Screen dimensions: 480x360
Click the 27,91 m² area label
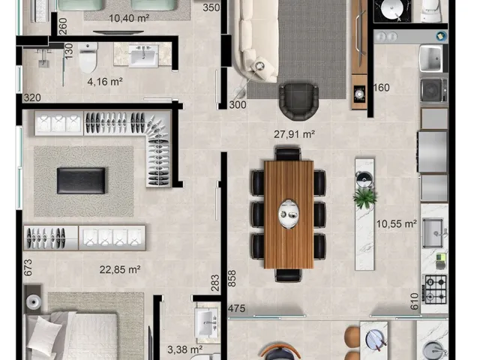(295, 134)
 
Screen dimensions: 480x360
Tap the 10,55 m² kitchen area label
(396, 223)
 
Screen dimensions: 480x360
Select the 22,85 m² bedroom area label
(120, 270)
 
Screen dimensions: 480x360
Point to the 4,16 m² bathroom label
(105, 82)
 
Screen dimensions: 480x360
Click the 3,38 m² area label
(185, 349)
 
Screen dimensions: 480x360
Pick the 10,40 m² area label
(129, 18)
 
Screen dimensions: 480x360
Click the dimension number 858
(232, 278)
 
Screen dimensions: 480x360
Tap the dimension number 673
(28, 268)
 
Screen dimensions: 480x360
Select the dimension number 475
(237, 308)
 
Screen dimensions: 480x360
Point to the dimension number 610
(415, 301)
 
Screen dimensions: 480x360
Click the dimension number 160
(382, 88)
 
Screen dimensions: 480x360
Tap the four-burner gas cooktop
(436, 289)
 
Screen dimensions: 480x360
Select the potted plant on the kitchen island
(364, 197)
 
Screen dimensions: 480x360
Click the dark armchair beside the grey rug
(298, 101)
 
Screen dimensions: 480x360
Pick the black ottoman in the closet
(81, 181)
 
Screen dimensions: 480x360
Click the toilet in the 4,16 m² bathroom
(88, 58)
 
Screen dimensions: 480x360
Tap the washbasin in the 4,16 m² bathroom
(143, 55)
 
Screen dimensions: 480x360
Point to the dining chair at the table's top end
(288, 154)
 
